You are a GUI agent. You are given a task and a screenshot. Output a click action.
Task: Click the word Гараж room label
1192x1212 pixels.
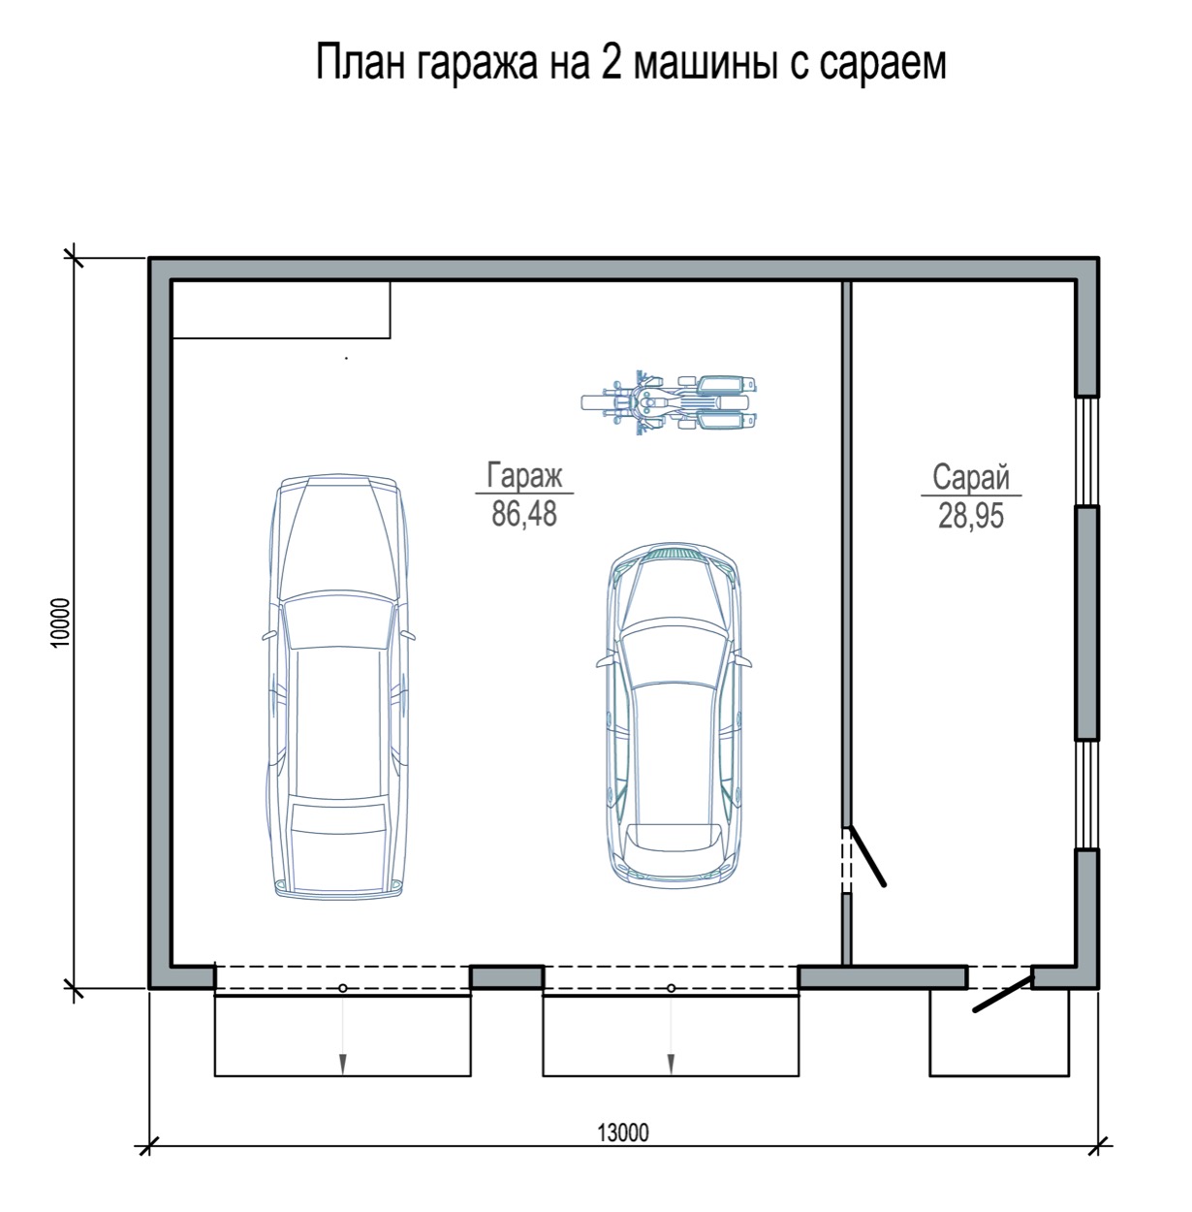pos(523,476)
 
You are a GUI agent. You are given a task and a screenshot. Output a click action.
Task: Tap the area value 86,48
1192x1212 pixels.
pos(523,514)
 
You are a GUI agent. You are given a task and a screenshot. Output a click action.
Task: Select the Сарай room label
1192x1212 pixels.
pos(971,477)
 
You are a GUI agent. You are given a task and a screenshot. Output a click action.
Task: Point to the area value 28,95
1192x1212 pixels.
pos(971,516)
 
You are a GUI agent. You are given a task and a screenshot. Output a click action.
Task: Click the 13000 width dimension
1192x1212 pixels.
pos(622,1132)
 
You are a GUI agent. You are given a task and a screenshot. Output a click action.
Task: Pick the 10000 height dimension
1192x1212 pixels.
pos(60,622)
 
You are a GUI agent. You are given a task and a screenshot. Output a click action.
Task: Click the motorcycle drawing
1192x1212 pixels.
pos(669,402)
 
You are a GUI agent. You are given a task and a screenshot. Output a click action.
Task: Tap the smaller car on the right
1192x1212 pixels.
pos(673,715)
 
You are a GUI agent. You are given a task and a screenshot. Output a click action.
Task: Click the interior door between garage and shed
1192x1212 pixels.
pos(867,856)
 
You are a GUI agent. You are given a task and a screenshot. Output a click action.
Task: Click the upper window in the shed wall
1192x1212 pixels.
pos(1087,451)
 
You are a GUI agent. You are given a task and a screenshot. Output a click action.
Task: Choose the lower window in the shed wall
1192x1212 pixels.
pos(1087,794)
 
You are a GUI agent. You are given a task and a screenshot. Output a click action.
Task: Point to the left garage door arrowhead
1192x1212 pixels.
pos(343,1064)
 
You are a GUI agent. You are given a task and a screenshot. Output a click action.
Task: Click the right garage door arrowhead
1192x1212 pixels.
pos(671,1064)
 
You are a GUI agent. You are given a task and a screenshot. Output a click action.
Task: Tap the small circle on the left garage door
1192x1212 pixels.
pos(343,989)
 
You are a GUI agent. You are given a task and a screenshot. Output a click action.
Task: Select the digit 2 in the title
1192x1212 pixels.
pos(612,62)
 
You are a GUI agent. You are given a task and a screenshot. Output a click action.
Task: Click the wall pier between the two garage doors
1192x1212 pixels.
pos(507,976)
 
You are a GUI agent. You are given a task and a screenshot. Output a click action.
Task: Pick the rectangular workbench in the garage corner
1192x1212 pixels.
pos(281,309)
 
